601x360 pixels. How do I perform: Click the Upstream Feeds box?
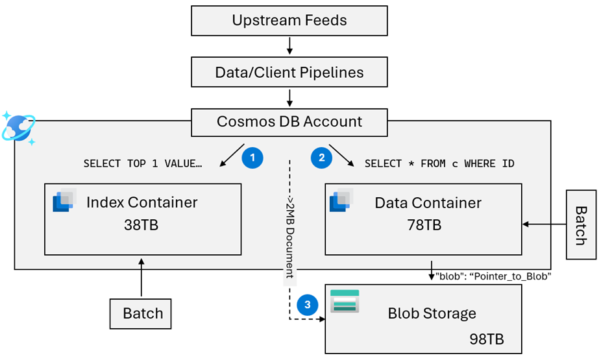(x=289, y=21)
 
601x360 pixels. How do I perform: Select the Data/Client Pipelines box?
(x=289, y=72)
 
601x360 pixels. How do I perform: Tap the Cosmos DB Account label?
(x=289, y=121)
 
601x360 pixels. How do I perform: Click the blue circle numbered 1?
(x=252, y=158)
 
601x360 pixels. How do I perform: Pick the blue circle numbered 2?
(x=321, y=158)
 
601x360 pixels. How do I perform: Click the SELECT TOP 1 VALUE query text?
(x=143, y=163)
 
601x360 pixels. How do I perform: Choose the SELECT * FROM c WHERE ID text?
(x=439, y=163)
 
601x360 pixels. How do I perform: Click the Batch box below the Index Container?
(x=143, y=314)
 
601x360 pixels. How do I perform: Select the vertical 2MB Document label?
(x=289, y=234)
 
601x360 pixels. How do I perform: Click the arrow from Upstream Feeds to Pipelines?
(x=289, y=46)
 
